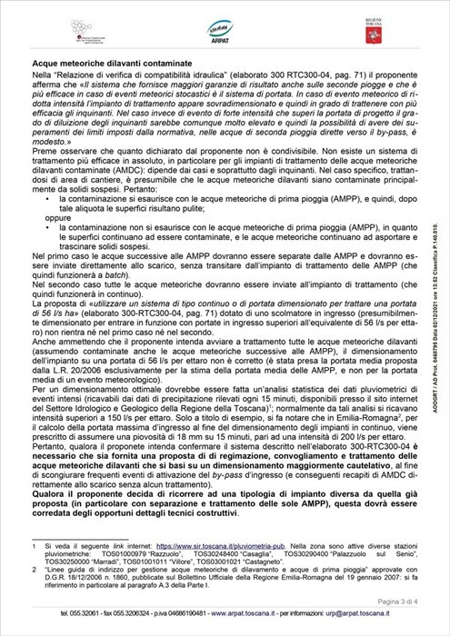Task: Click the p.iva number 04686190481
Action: [175, 614]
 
